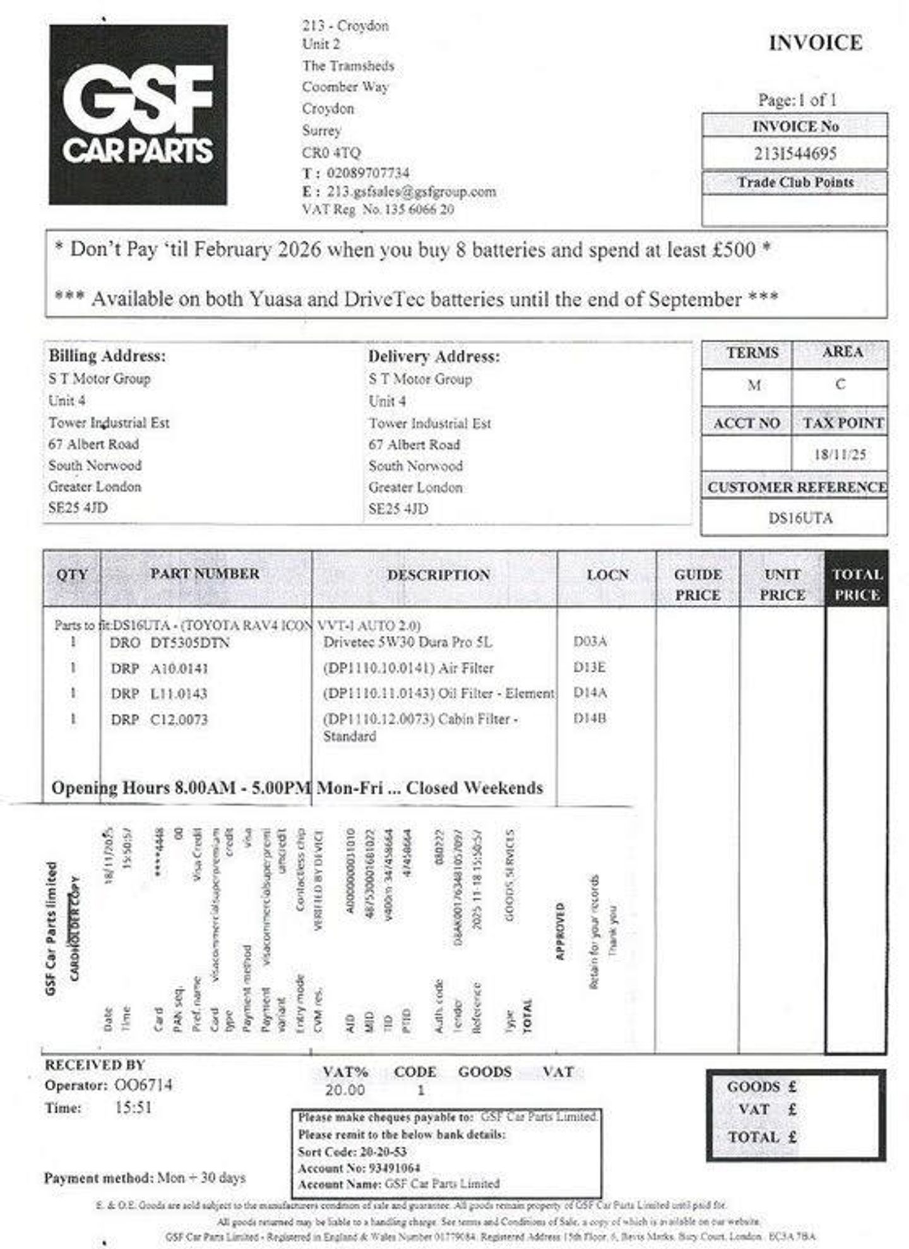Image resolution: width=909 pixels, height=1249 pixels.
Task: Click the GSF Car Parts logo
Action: [138, 115]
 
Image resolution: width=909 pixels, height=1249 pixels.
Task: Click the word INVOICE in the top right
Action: [815, 43]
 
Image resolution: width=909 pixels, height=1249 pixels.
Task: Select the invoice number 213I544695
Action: [795, 153]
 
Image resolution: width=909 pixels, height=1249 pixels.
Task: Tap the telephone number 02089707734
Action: [368, 173]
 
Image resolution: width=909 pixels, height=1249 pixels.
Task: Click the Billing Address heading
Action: [107, 356]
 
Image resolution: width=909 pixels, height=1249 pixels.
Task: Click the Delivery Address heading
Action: [434, 357]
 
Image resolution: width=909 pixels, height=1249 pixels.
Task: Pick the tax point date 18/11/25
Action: [840, 455]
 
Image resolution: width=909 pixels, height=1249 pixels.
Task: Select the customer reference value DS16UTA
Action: [800, 518]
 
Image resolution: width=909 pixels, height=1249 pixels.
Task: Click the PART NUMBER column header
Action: [205, 574]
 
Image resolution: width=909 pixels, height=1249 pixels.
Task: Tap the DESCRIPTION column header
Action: [439, 575]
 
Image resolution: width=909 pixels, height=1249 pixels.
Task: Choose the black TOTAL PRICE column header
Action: [857, 584]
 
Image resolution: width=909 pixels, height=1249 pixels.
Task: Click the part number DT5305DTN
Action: [189, 643]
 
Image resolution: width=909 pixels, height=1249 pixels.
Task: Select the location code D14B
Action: [590, 719]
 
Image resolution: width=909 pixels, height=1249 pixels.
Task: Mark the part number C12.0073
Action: [179, 720]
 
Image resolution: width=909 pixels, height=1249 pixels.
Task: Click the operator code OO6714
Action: [143, 1085]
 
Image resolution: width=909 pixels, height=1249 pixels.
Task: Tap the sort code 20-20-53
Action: [383, 1152]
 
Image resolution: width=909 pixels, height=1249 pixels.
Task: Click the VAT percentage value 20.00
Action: [345, 1091]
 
